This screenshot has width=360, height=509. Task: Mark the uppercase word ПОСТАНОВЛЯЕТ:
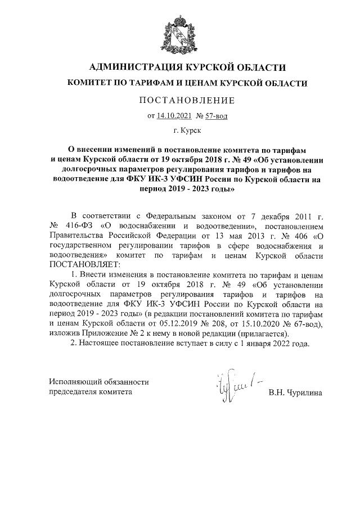point(85,264)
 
